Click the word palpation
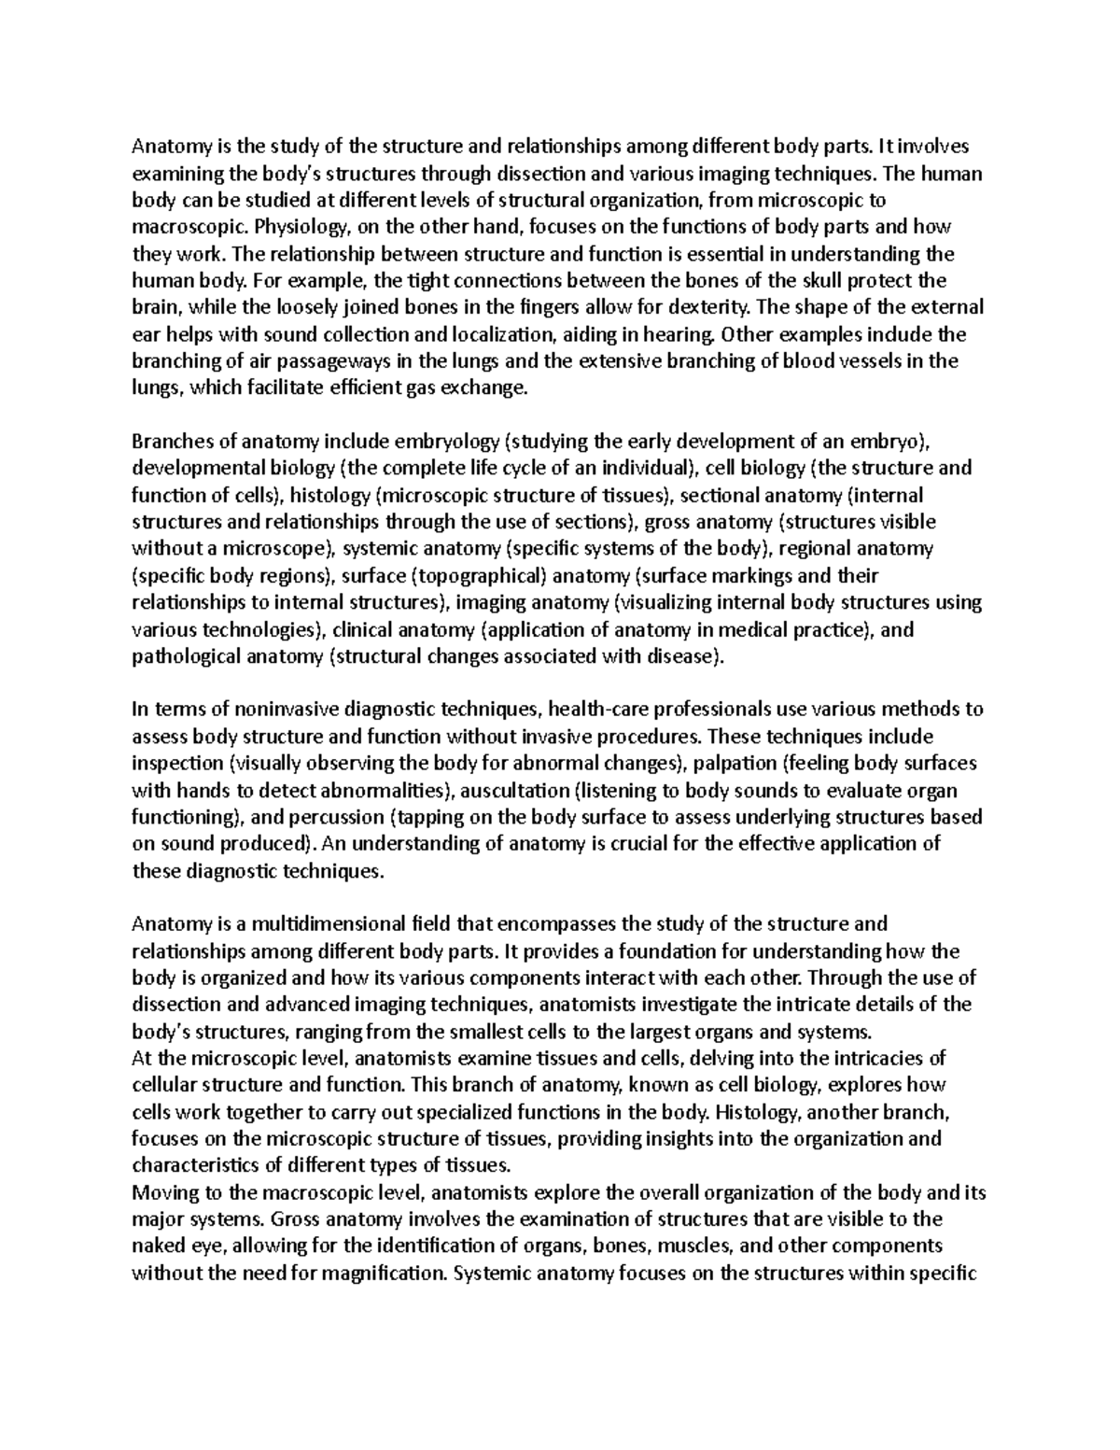(732, 764)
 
